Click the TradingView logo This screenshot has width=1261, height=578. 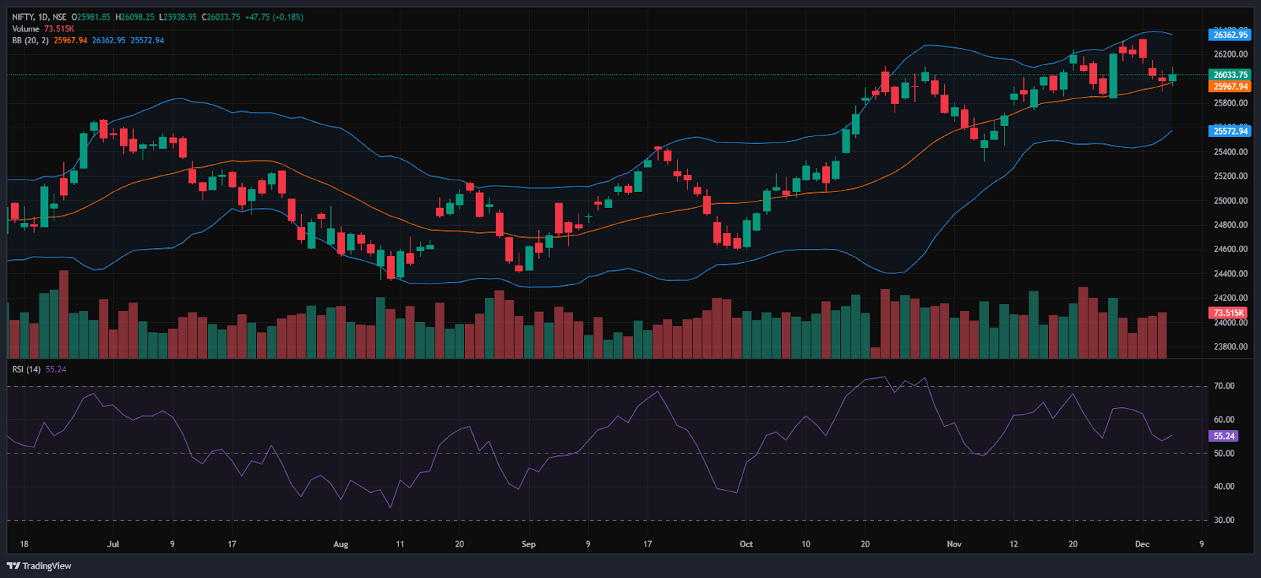click(x=39, y=565)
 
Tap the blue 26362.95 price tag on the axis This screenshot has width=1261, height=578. click(x=1230, y=35)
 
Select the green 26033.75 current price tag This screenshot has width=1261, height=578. click(x=1230, y=75)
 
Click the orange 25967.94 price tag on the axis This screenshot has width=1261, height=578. click(x=1230, y=87)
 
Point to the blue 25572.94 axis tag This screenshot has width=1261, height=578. click(x=1230, y=131)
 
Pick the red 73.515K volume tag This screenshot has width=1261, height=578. click(x=1229, y=313)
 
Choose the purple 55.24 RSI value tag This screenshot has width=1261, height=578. click(x=1224, y=435)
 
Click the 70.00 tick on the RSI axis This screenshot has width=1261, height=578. click(x=1224, y=386)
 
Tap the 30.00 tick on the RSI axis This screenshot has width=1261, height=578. click(x=1224, y=520)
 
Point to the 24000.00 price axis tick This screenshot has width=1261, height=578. click(x=1230, y=323)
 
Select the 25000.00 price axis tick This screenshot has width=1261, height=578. click(x=1230, y=201)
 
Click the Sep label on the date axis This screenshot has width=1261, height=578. click(x=528, y=544)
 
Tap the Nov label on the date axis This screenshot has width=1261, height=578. click(x=954, y=544)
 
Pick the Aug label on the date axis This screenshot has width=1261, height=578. click(x=340, y=544)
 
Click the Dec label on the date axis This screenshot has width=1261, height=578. click(x=1142, y=544)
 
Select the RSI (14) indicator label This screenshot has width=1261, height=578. click(x=27, y=369)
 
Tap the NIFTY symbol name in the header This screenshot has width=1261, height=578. click(x=23, y=17)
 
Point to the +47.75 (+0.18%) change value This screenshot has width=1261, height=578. click(x=273, y=17)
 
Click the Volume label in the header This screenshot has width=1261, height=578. click(x=25, y=28)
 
